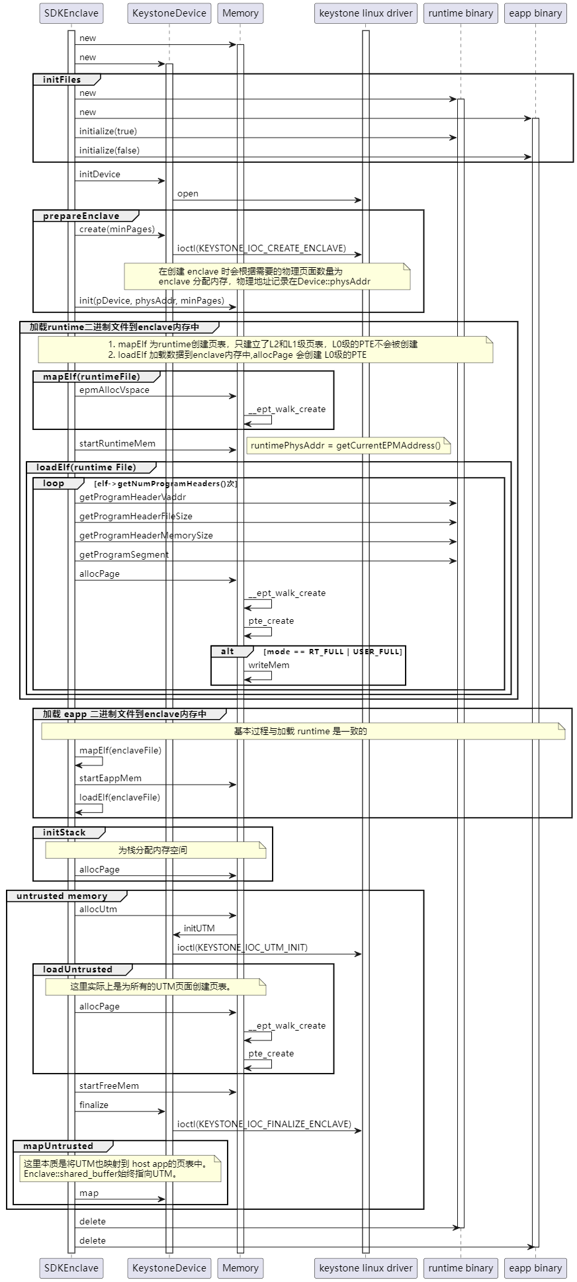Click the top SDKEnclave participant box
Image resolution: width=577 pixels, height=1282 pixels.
click(71, 13)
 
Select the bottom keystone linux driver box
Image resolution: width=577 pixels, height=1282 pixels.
click(365, 1267)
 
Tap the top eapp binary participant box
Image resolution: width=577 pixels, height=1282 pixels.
click(535, 13)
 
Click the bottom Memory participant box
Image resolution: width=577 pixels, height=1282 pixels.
click(240, 1267)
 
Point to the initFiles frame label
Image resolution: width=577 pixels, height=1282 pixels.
click(62, 79)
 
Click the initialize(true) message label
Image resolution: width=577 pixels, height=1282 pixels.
click(108, 132)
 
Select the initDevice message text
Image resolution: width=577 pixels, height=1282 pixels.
click(99, 175)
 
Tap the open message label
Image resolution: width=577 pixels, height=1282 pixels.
click(187, 194)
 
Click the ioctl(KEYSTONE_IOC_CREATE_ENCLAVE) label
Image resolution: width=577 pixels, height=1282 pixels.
click(261, 248)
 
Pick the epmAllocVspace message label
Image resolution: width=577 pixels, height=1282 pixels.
click(114, 390)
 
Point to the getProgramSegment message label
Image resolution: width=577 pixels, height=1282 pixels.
click(124, 555)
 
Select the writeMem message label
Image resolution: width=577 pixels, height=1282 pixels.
click(269, 665)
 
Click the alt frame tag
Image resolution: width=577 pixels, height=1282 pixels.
click(228, 652)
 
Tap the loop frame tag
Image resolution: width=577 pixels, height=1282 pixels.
click(54, 484)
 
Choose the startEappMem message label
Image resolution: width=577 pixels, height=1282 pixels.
click(110, 779)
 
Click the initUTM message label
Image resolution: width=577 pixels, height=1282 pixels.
click(199, 929)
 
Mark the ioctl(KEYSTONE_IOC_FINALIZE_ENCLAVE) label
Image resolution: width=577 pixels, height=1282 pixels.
click(264, 1124)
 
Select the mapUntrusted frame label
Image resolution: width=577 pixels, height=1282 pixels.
click(58, 1146)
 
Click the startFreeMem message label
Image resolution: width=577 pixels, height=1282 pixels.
click(109, 1086)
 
